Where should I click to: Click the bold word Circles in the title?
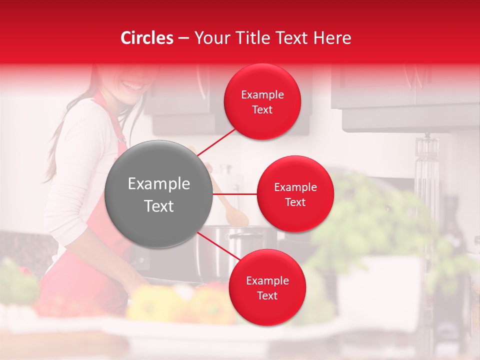coord(146,38)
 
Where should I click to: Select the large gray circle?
coord(159,194)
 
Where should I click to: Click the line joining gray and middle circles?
coord(235,194)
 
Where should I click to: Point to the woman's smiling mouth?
coord(132,86)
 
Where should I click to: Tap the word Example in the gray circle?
coord(159,184)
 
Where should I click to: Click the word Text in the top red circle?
coord(262,110)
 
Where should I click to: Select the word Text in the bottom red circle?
coord(267,296)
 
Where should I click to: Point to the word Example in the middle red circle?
coord(295,187)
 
